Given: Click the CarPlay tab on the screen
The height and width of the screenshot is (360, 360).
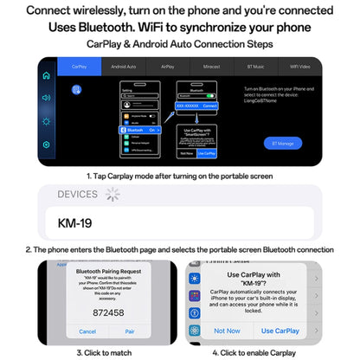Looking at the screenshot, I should point(80,66).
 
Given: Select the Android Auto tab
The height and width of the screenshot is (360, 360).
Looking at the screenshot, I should point(125,66).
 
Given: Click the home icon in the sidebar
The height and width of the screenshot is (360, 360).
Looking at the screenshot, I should point(47,75).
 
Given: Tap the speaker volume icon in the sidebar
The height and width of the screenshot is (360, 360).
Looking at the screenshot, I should point(47,98).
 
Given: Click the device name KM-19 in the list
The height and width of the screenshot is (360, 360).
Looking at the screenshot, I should point(75,223).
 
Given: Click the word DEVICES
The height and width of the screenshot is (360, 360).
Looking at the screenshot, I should point(77,195).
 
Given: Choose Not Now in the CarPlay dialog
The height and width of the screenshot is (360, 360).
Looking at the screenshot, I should point(227,331).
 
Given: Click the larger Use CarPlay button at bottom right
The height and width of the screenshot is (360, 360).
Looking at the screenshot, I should point(280,331).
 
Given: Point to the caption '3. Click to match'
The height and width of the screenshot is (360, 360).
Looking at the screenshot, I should point(104,352).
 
